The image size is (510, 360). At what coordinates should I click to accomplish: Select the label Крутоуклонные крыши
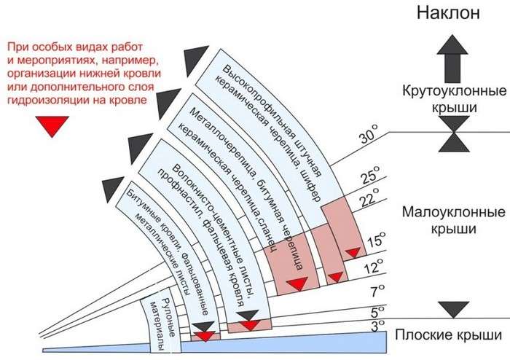(454, 100)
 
